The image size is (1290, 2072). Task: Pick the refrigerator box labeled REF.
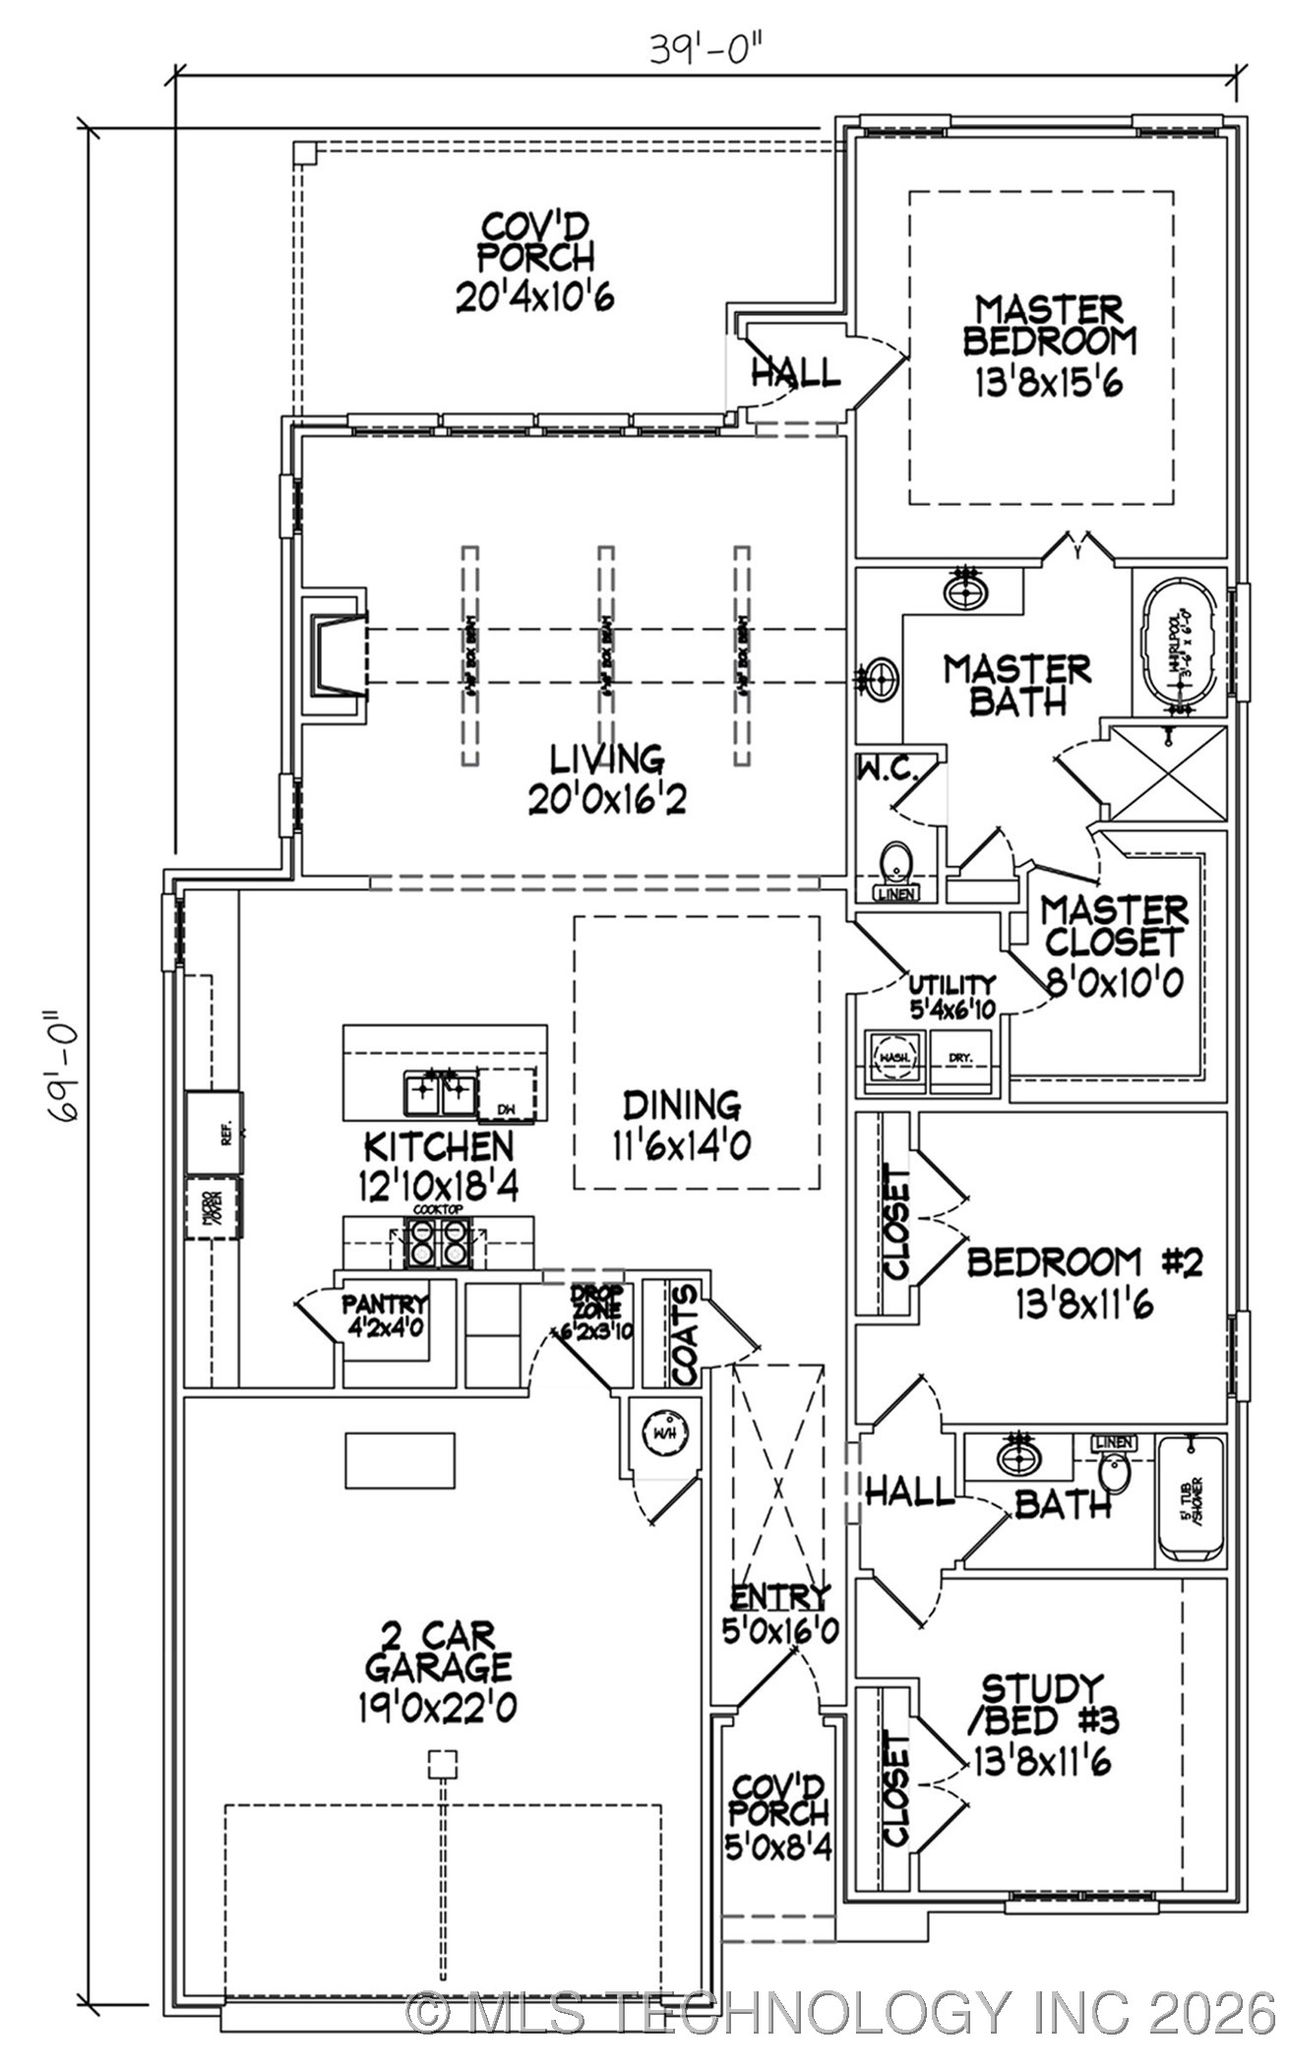click(215, 1132)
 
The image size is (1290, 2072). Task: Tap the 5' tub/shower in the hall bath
click(1192, 1499)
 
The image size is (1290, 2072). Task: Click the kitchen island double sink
click(439, 1093)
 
